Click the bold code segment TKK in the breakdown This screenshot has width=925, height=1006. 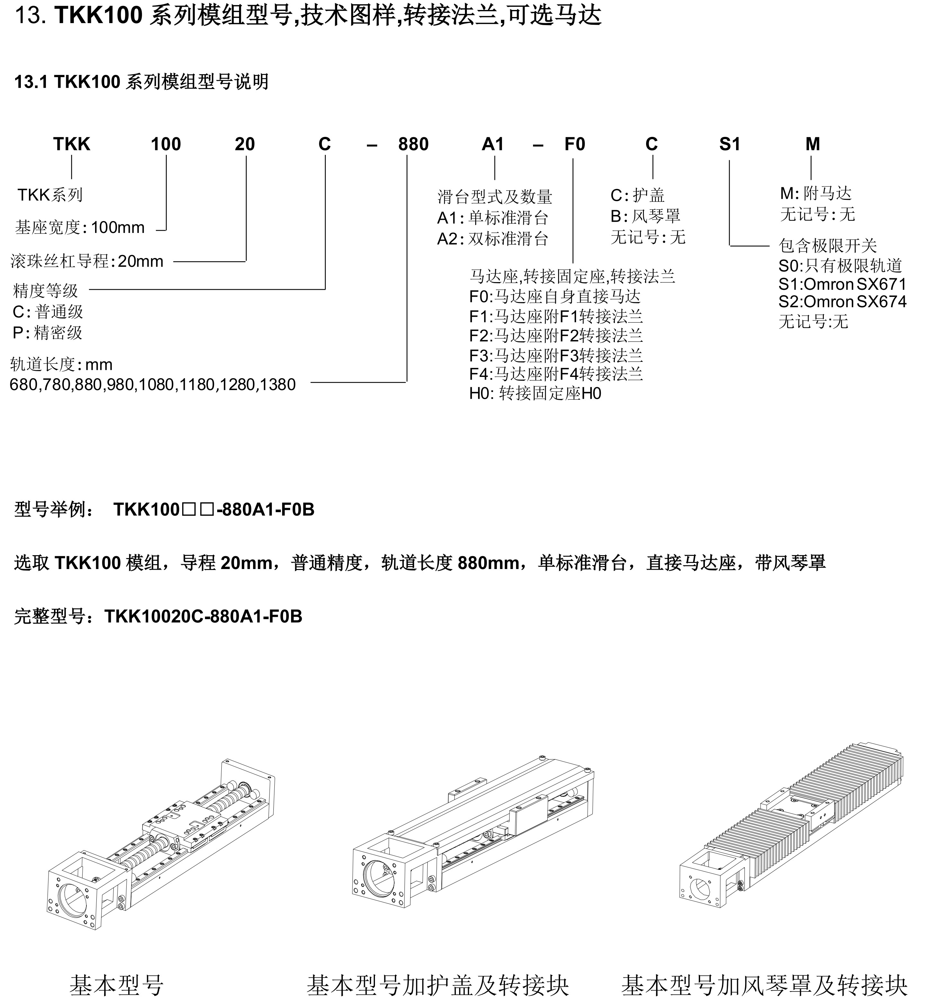[72, 144]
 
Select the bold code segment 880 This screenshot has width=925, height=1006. [414, 144]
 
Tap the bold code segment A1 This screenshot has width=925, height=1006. [493, 144]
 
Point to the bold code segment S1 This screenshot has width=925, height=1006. [729, 144]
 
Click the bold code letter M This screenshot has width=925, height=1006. [812, 144]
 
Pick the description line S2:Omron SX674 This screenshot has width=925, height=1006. [842, 302]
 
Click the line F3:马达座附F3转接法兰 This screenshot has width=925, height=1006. [556, 355]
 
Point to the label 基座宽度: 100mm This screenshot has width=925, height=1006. [80, 228]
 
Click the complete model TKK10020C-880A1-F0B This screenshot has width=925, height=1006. [203, 617]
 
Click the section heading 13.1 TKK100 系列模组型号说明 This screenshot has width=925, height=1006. [142, 82]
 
